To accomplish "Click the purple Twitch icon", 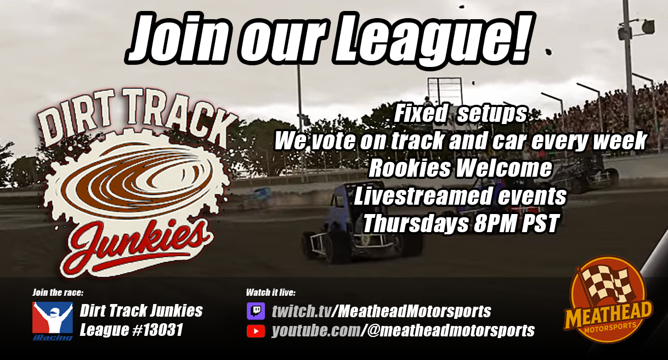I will (x=256, y=311).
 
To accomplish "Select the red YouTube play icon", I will (x=256, y=331).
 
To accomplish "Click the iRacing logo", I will (x=52, y=320).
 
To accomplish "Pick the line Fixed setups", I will (x=460, y=115).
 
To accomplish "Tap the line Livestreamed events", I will (x=460, y=196).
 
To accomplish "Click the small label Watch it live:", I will (x=271, y=292).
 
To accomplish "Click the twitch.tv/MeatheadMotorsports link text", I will (x=381, y=312).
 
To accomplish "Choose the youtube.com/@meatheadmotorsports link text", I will (x=403, y=331).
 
